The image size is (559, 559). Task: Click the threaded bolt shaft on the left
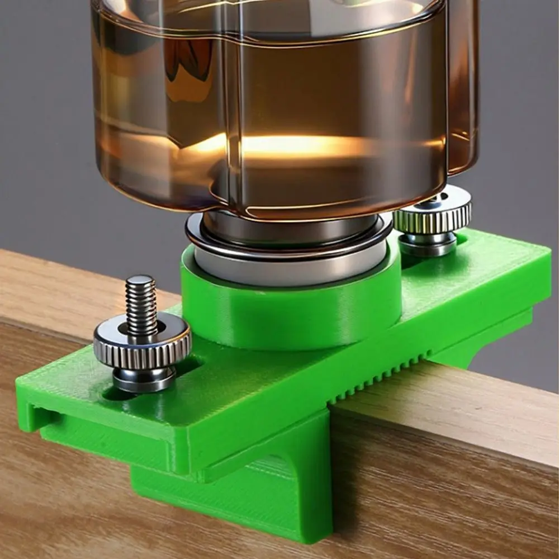tap(141, 305)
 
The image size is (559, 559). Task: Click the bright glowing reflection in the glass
tap(291, 146)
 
